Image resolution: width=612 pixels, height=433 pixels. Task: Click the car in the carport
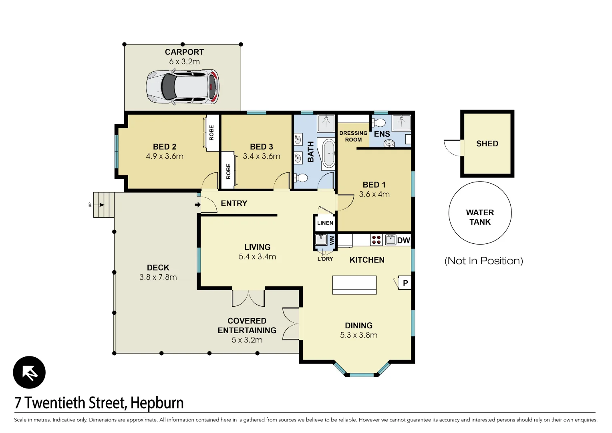coord(183,87)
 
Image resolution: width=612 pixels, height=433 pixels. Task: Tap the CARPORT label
coord(184,52)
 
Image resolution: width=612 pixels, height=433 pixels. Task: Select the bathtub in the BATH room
coord(329,153)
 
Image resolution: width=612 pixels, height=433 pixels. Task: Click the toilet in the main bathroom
coord(301,178)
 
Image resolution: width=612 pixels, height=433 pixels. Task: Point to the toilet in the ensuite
coord(379,122)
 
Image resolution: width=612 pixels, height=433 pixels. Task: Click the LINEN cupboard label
coord(325,223)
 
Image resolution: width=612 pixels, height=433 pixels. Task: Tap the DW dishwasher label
coord(403,240)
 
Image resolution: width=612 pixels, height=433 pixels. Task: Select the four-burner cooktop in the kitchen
coord(376,240)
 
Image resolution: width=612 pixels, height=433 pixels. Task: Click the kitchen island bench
coord(354,285)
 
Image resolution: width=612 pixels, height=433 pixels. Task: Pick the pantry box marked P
coord(405,283)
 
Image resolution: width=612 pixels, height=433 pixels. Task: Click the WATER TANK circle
coord(480,213)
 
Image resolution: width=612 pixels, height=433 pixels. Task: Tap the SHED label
coord(487,144)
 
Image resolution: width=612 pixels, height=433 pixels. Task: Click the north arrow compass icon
coord(29,372)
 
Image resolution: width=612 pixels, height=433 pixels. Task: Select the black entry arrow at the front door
coord(197,205)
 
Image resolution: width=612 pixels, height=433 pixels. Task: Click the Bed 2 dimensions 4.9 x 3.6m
coord(165,156)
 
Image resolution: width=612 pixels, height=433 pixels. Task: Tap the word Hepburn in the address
coord(157,403)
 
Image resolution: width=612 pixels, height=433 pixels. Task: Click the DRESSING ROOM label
coord(353,136)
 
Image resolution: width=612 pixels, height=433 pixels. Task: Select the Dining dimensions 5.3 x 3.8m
coord(358,335)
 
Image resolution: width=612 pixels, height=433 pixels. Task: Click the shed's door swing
coord(453,148)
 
